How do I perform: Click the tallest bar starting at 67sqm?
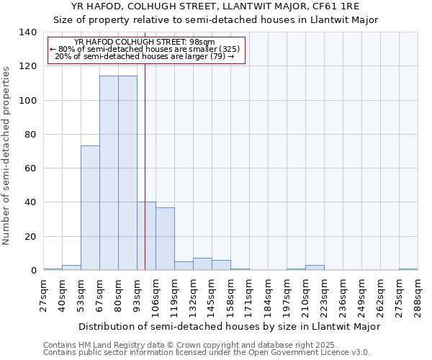coord(109,173)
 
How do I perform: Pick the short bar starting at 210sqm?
coord(315,268)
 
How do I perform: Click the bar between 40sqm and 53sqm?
coord(71,268)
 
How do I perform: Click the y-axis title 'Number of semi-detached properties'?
coord(7,156)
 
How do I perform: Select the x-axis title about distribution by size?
coord(229,326)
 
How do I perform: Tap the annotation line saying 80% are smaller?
coord(145,49)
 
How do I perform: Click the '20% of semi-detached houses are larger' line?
coord(145,56)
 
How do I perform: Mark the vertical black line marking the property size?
coord(145,180)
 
